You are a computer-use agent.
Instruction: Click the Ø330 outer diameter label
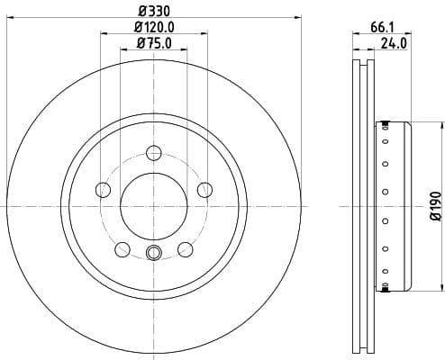153,11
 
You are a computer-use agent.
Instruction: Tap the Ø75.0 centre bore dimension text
154,42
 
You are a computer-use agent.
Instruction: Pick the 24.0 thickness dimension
395,41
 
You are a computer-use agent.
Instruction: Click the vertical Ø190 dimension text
434,206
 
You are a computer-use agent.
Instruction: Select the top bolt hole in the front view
154,152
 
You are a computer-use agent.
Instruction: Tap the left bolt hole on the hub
104,189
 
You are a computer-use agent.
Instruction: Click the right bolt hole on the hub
204,189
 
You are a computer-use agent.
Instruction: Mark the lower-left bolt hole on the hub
123,249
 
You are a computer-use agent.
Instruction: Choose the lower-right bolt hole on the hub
186,249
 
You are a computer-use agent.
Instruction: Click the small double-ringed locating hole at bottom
154,254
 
